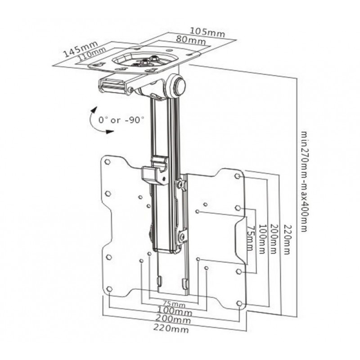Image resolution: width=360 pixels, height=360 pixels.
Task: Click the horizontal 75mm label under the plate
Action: [x=173, y=302]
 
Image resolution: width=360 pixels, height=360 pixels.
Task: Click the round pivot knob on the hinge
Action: [x=179, y=86]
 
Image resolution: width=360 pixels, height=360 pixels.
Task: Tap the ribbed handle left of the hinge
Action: [x=112, y=85]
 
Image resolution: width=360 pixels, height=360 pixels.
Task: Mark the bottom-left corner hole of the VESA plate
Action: [x=108, y=288]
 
